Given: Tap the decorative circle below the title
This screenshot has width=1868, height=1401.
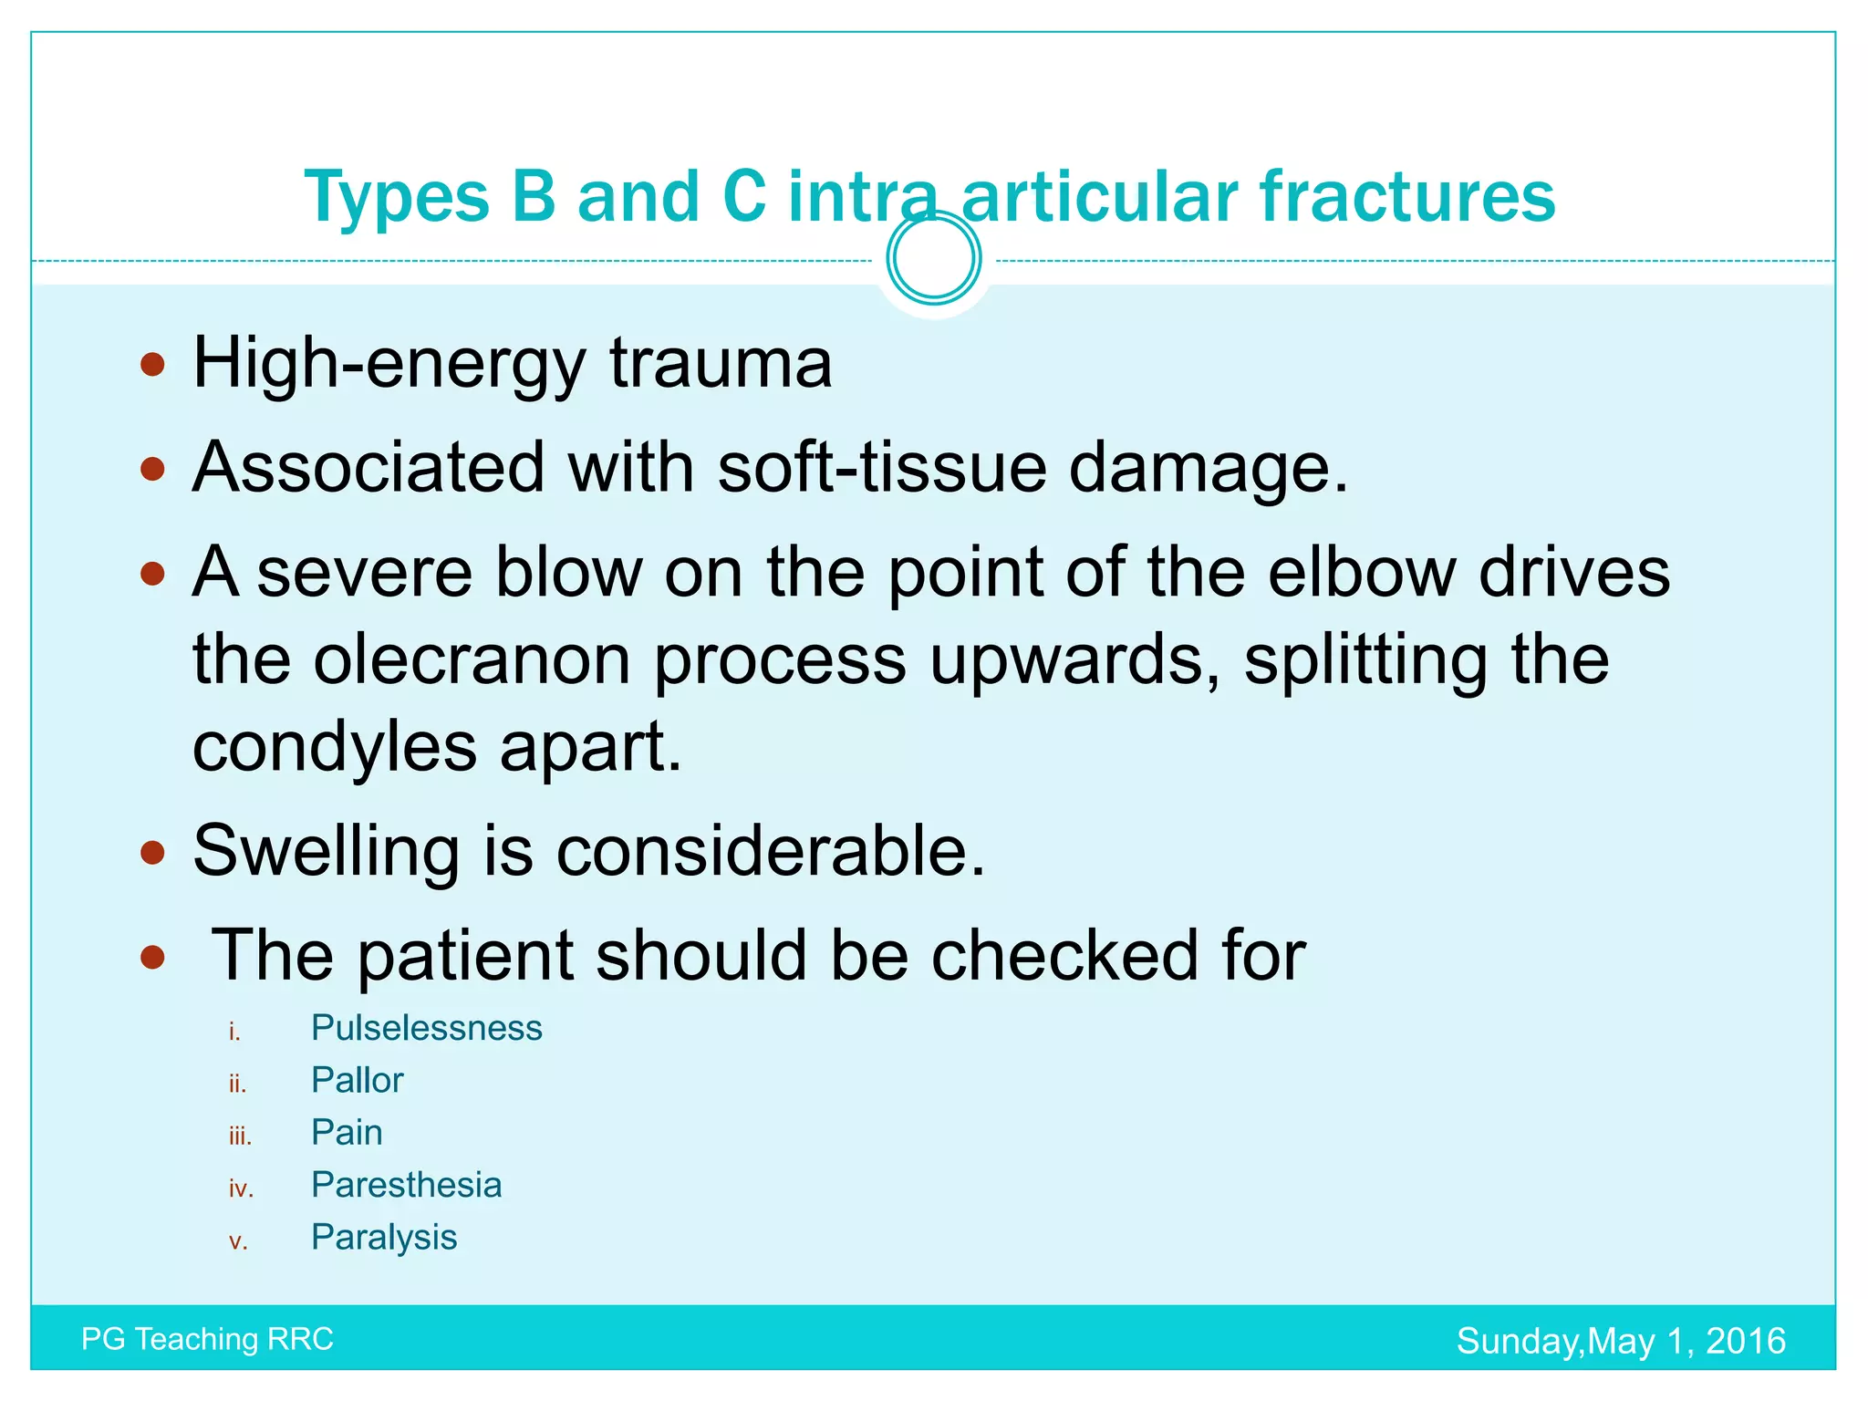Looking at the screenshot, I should click(x=934, y=258).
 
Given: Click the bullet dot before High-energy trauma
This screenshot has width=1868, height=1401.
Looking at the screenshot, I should click(x=152, y=366).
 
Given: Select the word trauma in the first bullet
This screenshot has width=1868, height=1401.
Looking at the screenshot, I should click(x=721, y=363).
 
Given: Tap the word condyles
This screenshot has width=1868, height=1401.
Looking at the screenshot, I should click(x=334, y=746).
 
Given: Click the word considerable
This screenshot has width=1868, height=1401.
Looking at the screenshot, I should click(x=771, y=850).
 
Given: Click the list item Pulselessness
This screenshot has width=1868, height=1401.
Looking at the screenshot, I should click(x=426, y=1028).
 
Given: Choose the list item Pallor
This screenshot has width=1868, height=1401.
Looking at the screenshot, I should click(x=357, y=1080).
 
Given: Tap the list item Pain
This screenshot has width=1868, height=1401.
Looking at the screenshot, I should click(x=347, y=1132).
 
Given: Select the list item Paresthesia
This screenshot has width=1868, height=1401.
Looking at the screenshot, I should click(x=406, y=1185).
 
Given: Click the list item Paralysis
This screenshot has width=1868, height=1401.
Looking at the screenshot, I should click(x=384, y=1237).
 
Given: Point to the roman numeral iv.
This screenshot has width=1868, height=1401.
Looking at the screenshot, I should click(x=241, y=1188).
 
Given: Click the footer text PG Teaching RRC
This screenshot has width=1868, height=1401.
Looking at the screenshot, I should click(x=207, y=1339).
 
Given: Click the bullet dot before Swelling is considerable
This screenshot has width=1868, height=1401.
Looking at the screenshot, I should click(x=152, y=854).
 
